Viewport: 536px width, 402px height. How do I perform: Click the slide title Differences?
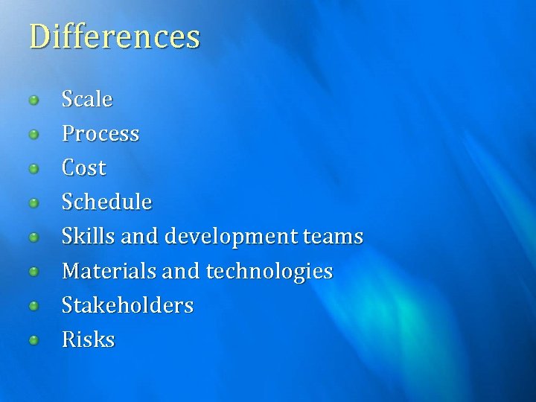tap(115, 36)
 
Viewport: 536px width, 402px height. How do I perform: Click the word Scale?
tap(87, 99)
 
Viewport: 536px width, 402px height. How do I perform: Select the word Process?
tap(100, 134)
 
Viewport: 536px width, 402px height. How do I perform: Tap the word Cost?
tap(84, 168)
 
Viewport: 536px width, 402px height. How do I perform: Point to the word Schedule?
tap(107, 202)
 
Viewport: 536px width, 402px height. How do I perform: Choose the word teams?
tap(333, 237)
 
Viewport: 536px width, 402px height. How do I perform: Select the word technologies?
tap(269, 272)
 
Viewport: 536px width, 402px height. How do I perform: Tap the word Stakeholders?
tap(127, 305)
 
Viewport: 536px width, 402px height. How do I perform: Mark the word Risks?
tap(89, 340)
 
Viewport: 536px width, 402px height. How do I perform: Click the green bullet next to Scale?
tap(33, 100)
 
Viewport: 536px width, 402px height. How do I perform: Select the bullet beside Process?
tap(33, 135)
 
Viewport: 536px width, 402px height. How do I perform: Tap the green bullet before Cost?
tap(33, 169)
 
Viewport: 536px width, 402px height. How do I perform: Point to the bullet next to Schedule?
tap(33, 203)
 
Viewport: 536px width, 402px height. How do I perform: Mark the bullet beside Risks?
tap(33, 341)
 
